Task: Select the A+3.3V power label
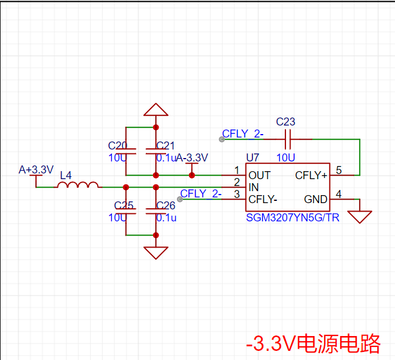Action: click(x=36, y=169)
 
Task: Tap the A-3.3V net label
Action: click(x=192, y=158)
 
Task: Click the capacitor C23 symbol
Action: click(x=288, y=139)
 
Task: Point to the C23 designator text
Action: click(x=285, y=122)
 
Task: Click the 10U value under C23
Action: click(x=285, y=158)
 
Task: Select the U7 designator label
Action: click(x=252, y=158)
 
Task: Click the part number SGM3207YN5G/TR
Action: click(x=292, y=218)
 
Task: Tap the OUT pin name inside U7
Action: click(x=259, y=176)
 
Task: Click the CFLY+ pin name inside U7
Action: click(x=311, y=176)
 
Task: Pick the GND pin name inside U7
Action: click(x=316, y=199)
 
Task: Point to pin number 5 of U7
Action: click(x=339, y=170)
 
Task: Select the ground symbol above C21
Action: click(x=156, y=110)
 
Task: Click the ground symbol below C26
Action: click(x=156, y=253)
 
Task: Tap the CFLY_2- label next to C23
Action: click(x=243, y=134)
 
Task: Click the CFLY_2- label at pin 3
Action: click(x=201, y=193)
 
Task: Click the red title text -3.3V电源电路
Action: click(x=313, y=343)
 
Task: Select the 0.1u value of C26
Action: click(x=166, y=218)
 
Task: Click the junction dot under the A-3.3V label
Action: click(x=192, y=175)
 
